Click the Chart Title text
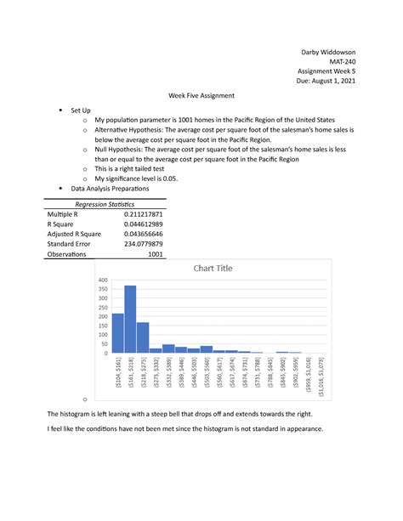[x=213, y=269]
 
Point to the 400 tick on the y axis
[x=104, y=280]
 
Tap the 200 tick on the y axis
[x=104, y=316]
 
